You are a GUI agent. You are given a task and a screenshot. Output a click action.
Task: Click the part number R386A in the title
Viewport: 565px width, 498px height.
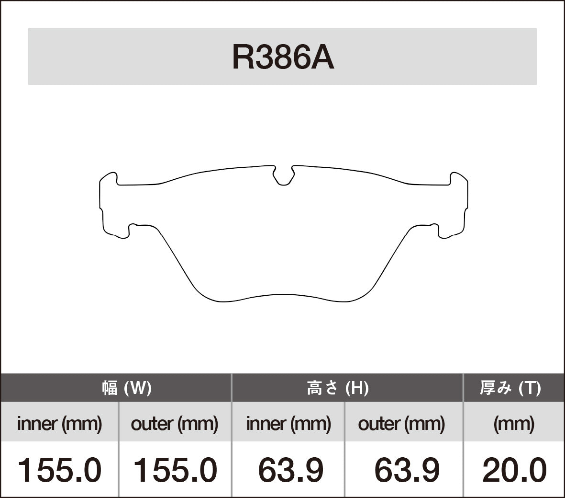click(x=283, y=58)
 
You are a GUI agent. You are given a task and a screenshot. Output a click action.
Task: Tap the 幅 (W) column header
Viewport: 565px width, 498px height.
click(x=127, y=387)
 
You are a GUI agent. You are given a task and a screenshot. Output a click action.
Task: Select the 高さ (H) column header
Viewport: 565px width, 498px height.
click(x=337, y=387)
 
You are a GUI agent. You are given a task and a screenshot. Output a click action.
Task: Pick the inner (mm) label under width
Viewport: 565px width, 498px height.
click(x=59, y=424)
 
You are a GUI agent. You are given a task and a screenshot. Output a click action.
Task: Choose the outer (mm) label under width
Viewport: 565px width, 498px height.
click(x=174, y=424)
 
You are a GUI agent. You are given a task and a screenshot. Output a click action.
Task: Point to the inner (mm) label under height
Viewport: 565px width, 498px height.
click(x=288, y=424)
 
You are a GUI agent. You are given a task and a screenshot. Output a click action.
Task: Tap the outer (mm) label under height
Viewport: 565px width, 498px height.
click(x=401, y=424)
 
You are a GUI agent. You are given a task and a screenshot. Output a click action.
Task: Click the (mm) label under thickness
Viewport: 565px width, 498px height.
click(x=514, y=424)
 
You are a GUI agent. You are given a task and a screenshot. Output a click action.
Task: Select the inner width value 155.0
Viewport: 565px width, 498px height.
click(x=59, y=470)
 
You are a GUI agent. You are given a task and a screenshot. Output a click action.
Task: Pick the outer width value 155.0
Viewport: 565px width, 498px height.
click(x=174, y=470)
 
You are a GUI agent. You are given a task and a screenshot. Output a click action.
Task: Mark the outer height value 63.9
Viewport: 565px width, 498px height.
click(x=407, y=470)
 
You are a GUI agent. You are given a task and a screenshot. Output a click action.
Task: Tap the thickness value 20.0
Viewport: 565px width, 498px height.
click(x=514, y=470)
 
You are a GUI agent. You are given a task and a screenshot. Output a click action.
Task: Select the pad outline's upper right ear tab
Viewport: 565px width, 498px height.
click(x=458, y=178)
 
